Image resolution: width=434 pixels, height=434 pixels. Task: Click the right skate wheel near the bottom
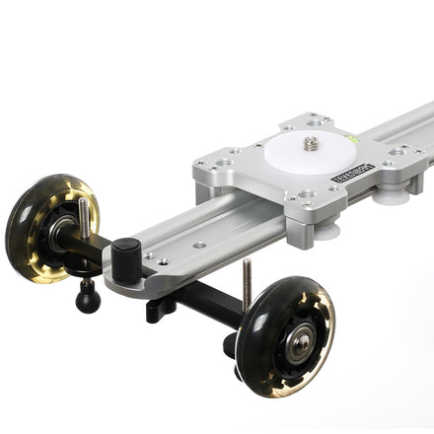286,335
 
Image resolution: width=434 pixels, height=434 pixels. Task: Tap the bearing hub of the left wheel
61,233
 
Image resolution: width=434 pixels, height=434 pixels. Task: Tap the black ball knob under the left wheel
88,296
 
